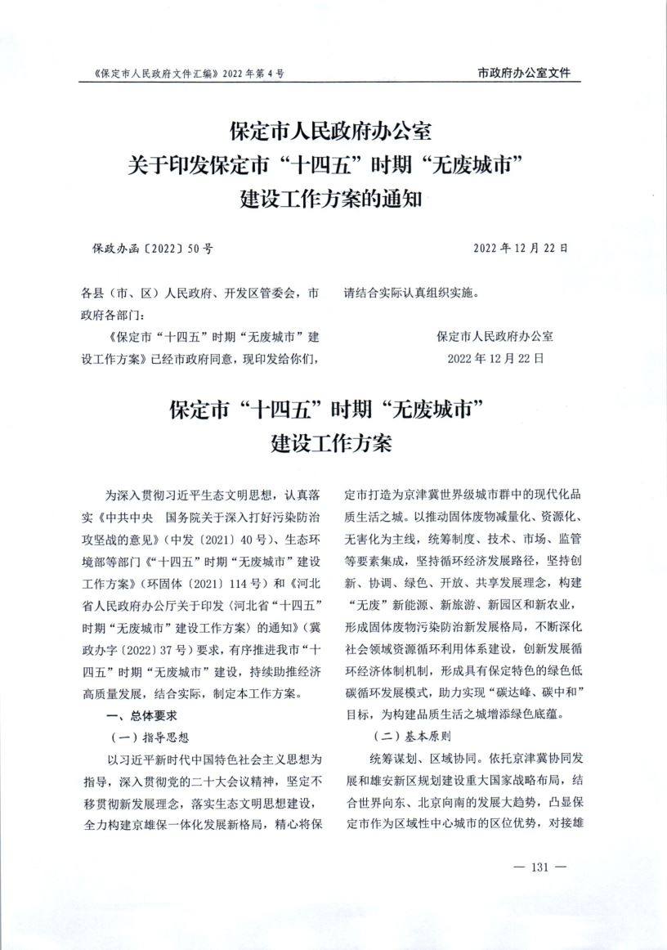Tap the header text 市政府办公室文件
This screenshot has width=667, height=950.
tap(523, 73)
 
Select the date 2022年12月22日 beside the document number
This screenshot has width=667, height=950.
tap(521, 248)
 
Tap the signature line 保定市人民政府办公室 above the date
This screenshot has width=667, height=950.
tap(495, 336)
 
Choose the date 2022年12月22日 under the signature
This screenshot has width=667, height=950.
tap(495, 358)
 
